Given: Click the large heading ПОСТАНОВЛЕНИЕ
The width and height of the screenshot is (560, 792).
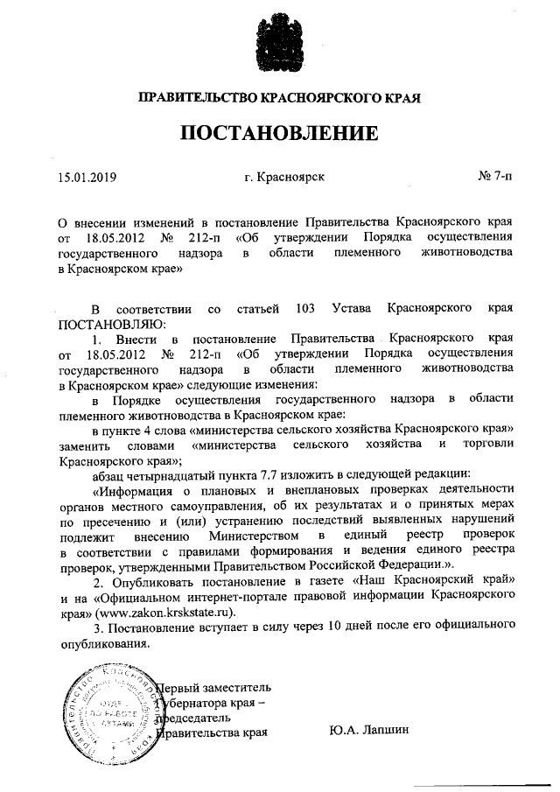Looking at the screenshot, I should click(x=280, y=134).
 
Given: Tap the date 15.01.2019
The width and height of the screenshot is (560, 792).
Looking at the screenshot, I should click(x=87, y=177).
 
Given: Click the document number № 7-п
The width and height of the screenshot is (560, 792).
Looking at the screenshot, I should click(x=495, y=177).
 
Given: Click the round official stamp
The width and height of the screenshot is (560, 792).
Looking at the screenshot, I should click(x=102, y=708).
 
